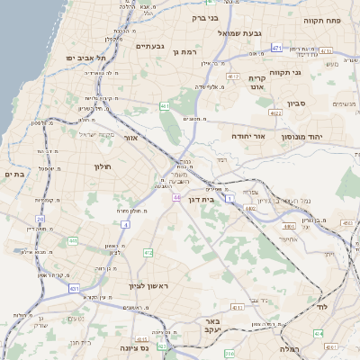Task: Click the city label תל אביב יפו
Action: (x=86, y=58)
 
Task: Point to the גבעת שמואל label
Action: (x=239, y=33)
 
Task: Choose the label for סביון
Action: (x=298, y=103)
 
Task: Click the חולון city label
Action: (x=101, y=166)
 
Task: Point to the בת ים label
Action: (x=13, y=174)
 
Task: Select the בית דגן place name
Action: (x=207, y=199)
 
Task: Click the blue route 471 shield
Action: (x=276, y=48)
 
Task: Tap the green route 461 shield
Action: (x=165, y=106)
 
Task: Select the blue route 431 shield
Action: (x=74, y=288)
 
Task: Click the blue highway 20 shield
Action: (x=40, y=219)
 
